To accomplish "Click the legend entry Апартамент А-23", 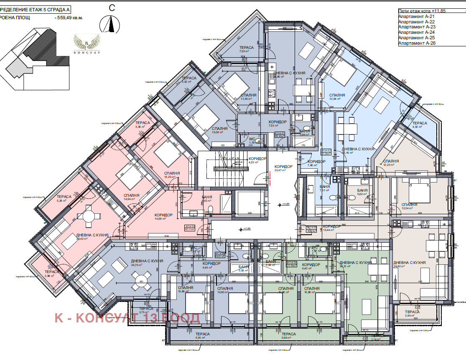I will pyautogui.click(x=417, y=27).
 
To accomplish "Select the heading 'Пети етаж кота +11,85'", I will pyautogui.click(x=423, y=11).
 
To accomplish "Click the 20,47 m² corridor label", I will pyautogui.click(x=283, y=168).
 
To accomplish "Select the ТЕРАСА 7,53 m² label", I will pyautogui.click(x=246, y=50).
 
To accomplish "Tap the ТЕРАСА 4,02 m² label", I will pyautogui.click(x=420, y=126).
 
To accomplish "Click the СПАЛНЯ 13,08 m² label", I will pyautogui.click(x=219, y=131).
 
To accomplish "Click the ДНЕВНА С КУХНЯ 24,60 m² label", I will pyautogui.click(x=409, y=265).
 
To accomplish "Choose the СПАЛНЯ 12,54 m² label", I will pyautogui.click(x=409, y=207).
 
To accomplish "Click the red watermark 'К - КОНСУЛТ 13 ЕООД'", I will pyautogui.click(x=127, y=318).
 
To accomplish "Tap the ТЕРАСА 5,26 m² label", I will pyautogui.click(x=64, y=199).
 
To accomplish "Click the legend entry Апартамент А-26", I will pyautogui.click(x=417, y=43).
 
